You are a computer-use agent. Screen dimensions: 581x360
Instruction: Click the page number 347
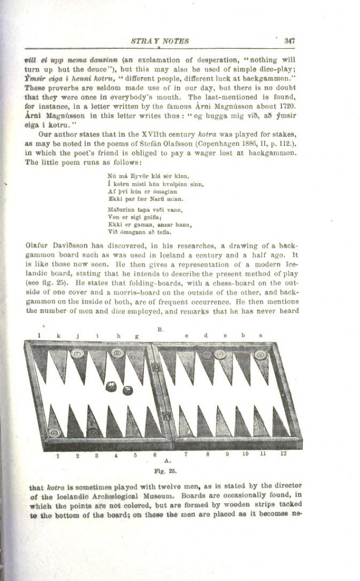[x=291, y=40]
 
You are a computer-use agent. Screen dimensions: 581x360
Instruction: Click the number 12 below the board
[x=283, y=454]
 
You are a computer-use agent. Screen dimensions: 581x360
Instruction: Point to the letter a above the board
[x=260, y=335]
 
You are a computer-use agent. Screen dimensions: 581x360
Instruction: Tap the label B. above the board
[x=160, y=329]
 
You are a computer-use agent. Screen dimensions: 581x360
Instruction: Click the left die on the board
[x=111, y=387]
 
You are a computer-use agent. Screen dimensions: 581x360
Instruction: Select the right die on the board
[x=128, y=390]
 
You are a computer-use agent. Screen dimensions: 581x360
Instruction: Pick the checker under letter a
[x=261, y=355]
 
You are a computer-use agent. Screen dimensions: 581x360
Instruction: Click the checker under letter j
[x=77, y=354]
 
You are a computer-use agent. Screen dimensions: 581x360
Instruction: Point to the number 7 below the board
[x=186, y=454]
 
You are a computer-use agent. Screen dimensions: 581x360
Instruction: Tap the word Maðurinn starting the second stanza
[x=120, y=209]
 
